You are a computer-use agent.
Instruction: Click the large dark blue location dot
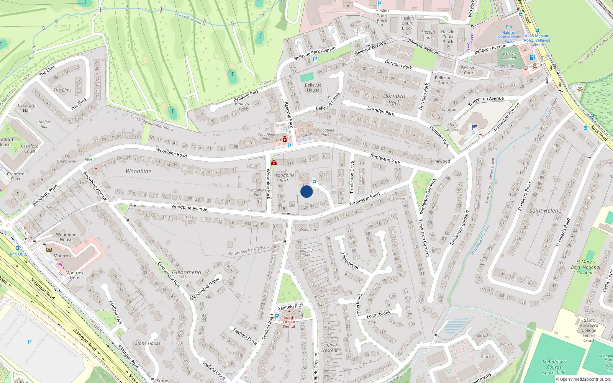point(306,191)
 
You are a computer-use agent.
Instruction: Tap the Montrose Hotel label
point(75,275)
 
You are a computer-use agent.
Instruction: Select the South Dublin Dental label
point(289,322)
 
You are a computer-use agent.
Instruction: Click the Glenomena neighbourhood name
point(187,272)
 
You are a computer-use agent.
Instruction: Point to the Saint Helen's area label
point(545,211)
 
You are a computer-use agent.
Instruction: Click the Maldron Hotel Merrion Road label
point(509,37)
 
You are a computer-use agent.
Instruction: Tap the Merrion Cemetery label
point(509,56)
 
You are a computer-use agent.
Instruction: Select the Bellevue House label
point(313,88)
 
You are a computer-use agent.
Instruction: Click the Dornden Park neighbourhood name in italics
point(394,99)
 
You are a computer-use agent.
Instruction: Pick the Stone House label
point(148,343)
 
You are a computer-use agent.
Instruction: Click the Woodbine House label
point(66,237)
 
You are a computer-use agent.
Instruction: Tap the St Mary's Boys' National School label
point(585,267)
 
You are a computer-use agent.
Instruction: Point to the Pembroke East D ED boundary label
point(247,251)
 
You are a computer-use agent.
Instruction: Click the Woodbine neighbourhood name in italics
point(138,171)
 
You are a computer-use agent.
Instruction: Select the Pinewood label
point(440,161)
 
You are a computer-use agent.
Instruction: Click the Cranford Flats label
point(15,176)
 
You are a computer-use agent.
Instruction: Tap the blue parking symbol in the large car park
point(30,342)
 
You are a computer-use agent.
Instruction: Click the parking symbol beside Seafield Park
point(277,316)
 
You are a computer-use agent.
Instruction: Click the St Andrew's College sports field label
point(554,367)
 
